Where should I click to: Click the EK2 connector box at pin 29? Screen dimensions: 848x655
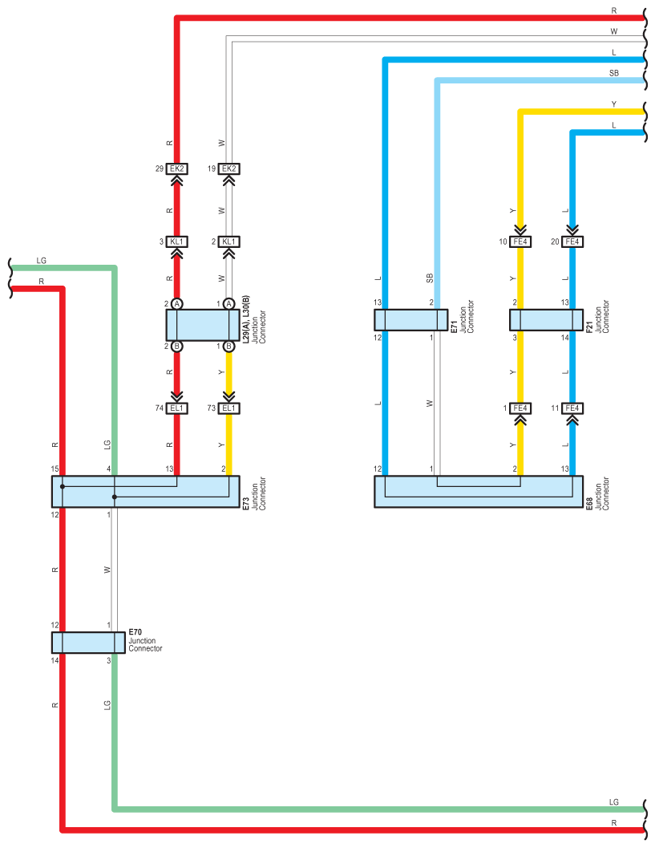point(177,168)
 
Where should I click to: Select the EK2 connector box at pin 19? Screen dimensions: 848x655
point(228,168)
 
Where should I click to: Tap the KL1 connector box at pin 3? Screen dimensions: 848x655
point(177,241)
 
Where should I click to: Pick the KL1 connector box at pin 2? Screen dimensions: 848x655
point(228,241)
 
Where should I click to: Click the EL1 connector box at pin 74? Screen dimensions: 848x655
point(177,408)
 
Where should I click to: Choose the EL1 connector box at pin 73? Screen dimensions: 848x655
point(228,408)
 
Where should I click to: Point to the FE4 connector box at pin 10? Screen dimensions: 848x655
point(521,241)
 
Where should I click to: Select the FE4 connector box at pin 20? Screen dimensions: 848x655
point(572,241)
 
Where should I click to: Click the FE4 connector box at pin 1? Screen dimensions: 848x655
point(521,408)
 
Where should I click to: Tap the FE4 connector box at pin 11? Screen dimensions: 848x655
point(572,408)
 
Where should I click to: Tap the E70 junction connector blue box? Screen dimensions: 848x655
point(87,643)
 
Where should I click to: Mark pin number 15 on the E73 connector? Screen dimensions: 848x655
point(55,469)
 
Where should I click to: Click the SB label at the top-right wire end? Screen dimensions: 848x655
point(614,73)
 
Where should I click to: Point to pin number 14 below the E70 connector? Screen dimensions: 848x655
point(55,660)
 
